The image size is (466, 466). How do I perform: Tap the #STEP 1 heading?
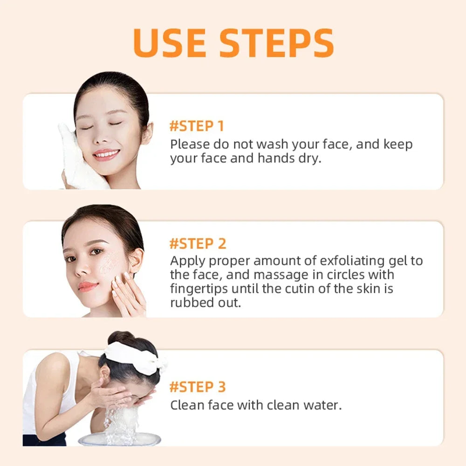pyautogui.click(x=197, y=126)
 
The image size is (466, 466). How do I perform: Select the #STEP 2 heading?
pyautogui.click(x=198, y=243)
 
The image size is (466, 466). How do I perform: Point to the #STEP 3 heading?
pyautogui.click(x=198, y=387)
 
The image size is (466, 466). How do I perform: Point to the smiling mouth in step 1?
pyautogui.click(x=106, y=154)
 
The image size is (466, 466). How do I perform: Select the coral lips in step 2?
pyautogui.click(x=88, y=286)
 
